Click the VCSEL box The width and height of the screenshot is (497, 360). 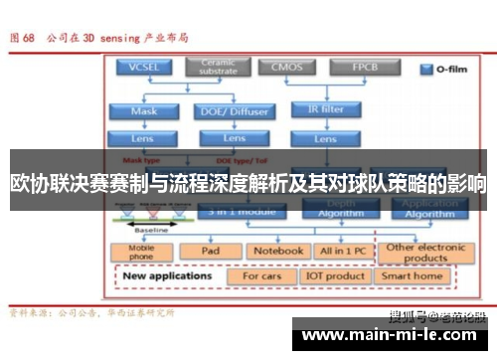click(x=144, y=68)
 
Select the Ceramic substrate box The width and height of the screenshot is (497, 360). click(x=218, y=68)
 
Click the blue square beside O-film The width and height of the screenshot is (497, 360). click(x=424, y=70)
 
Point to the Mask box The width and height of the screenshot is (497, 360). click(x=144, y=110)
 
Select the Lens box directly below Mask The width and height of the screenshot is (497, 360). click(x=144, y=138)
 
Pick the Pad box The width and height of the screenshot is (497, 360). click(x=210, y=252)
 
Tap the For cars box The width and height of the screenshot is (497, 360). click(x=261, y=275)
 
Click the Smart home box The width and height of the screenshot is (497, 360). click(x=413, y=275)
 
